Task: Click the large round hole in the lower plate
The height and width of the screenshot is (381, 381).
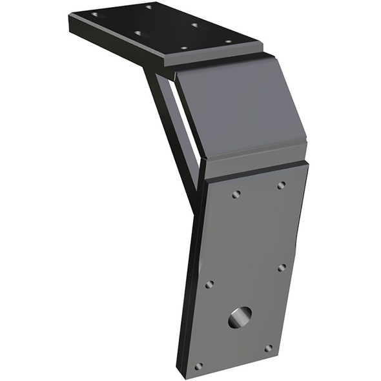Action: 240,316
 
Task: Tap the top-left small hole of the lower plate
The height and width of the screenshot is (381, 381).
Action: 236,194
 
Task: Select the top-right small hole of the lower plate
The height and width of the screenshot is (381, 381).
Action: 282,185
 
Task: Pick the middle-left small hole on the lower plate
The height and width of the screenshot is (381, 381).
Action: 209,284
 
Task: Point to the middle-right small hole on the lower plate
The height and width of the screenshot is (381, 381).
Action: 282,267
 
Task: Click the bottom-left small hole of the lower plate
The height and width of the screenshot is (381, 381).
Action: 198,366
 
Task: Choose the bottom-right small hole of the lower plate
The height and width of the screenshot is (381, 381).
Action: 268,348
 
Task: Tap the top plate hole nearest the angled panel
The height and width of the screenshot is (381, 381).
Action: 228,42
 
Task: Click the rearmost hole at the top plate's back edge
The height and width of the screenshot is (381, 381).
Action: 149,7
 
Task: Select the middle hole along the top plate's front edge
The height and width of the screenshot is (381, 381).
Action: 138,32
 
